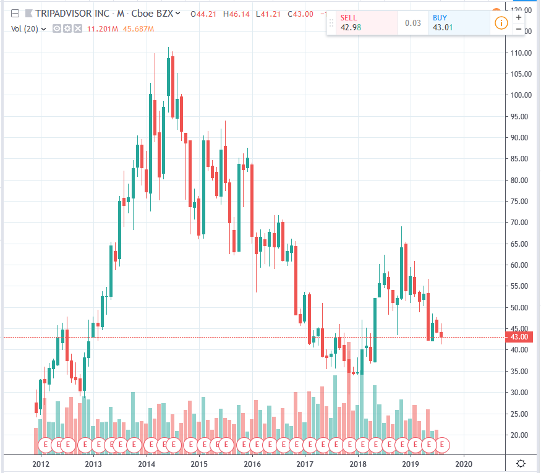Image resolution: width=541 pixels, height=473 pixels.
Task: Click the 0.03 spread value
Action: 413,23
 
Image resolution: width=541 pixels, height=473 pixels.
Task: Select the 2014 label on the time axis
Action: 146,464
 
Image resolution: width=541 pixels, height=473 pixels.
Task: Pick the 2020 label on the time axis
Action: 463,464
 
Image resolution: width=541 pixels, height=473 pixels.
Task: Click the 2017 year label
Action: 304,464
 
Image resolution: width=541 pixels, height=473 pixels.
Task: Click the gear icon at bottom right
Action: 521,464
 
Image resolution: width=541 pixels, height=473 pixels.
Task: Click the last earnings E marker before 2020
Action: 443,444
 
